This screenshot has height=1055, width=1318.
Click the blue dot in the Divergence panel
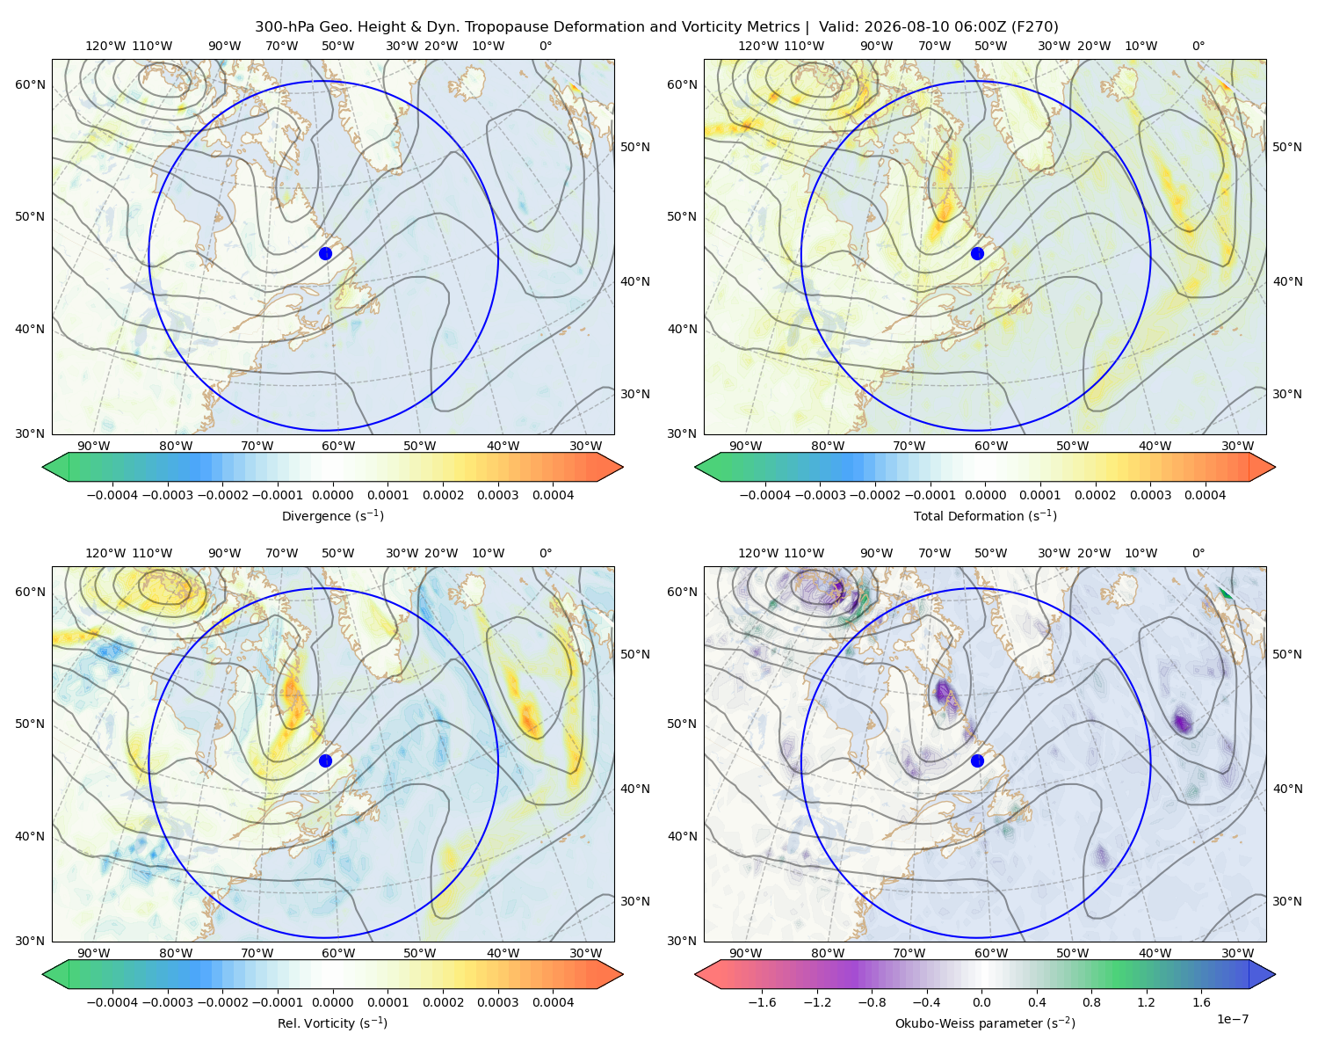tap(325, 254)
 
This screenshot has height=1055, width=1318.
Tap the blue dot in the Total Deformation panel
tap(977, 254)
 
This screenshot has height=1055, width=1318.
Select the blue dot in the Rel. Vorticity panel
tap(325, 760)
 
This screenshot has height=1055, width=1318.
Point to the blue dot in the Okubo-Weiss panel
tap(977, 760)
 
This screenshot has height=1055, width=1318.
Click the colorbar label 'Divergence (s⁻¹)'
tap(332, 515)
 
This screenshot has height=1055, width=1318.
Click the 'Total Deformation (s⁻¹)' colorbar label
tap(985, 515)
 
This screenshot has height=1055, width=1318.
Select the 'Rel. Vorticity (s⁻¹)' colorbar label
tap(332, 1023)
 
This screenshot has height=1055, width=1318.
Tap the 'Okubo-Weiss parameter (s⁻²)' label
tap(985, 1023)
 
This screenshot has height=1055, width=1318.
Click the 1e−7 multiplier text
tap(1232, 1019)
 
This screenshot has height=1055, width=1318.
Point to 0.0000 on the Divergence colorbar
tap(332, 495)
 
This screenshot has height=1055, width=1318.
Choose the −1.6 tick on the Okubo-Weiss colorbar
tap(762, 1002)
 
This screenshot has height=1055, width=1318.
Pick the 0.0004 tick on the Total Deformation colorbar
tap(1205, 495)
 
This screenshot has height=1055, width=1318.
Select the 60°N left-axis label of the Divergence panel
tap(30, 84)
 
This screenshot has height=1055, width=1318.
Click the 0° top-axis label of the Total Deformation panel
tap(1198, 46)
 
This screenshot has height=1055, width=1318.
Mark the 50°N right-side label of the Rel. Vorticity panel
tap(635, 654)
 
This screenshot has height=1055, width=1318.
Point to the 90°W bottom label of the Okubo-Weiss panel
tap(745, 953)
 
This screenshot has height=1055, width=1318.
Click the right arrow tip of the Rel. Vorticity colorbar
tap(623, 974)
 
